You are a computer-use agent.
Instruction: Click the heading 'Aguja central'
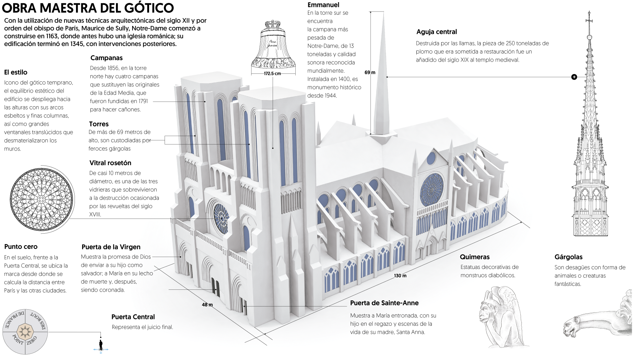[x=436, y=32]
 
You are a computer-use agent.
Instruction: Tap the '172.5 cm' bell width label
[x=272, y=73]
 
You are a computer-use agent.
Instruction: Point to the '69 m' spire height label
[x=369, y=72]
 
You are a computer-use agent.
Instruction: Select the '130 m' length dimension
[x=400, y=276]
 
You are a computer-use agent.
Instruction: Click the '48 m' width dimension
[x=207, y=305]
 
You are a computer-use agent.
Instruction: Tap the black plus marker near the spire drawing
[x=574, y=77]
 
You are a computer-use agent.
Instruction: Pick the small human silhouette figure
[x=101, y=345]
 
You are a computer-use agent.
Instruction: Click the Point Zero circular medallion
[x=25, y=332]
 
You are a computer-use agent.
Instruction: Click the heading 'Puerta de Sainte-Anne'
[x=384, y=303]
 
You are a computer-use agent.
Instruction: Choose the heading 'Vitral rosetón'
[x=110, y=163]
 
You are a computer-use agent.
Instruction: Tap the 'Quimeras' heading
[x=475, y=257]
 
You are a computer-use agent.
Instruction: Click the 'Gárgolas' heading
[x=568, y=257]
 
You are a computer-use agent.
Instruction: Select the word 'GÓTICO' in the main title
[x=148, y=8]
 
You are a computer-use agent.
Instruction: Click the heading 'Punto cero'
[x=21, y=247]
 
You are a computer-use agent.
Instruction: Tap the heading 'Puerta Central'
[x=133, y=317]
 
